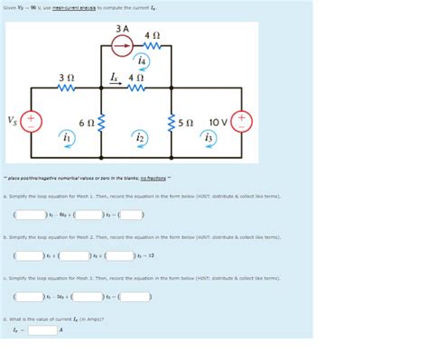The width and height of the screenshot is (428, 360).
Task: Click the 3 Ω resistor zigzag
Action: (x=65, y=88)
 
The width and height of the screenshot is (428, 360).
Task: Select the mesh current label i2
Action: (x=138, y=137)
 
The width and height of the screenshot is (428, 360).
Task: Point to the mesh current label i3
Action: (x=208, y=137)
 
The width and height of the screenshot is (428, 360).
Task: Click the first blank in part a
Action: (x=31, y=215)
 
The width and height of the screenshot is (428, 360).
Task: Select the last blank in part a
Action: (x=132, y=215)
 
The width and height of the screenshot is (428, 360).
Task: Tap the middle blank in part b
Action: (x=75, y=256)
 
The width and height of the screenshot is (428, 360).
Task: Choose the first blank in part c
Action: (x=31, y=297)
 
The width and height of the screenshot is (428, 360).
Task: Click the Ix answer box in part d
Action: (x=42, y=329)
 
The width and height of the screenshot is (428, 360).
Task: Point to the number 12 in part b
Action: (x=149, y=256)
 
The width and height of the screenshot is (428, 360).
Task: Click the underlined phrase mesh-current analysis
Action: (x=76, y=6)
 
